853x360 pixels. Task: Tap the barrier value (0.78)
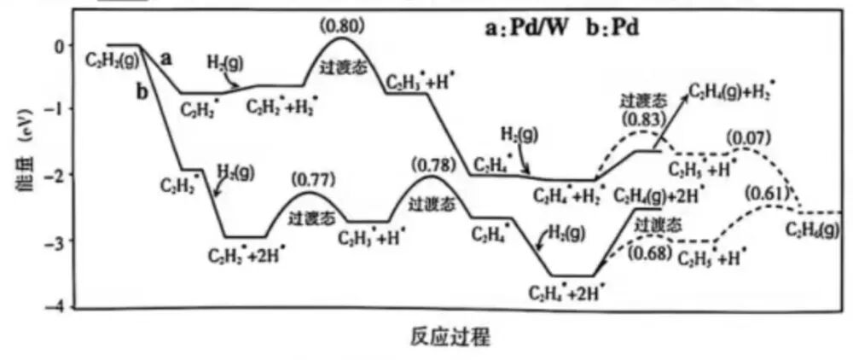(429, 163)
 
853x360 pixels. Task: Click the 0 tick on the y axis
(59, 44)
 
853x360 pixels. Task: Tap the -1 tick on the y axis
(55, 108)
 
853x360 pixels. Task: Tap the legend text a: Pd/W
(525, 27)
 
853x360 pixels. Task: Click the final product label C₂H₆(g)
(813, 229)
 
